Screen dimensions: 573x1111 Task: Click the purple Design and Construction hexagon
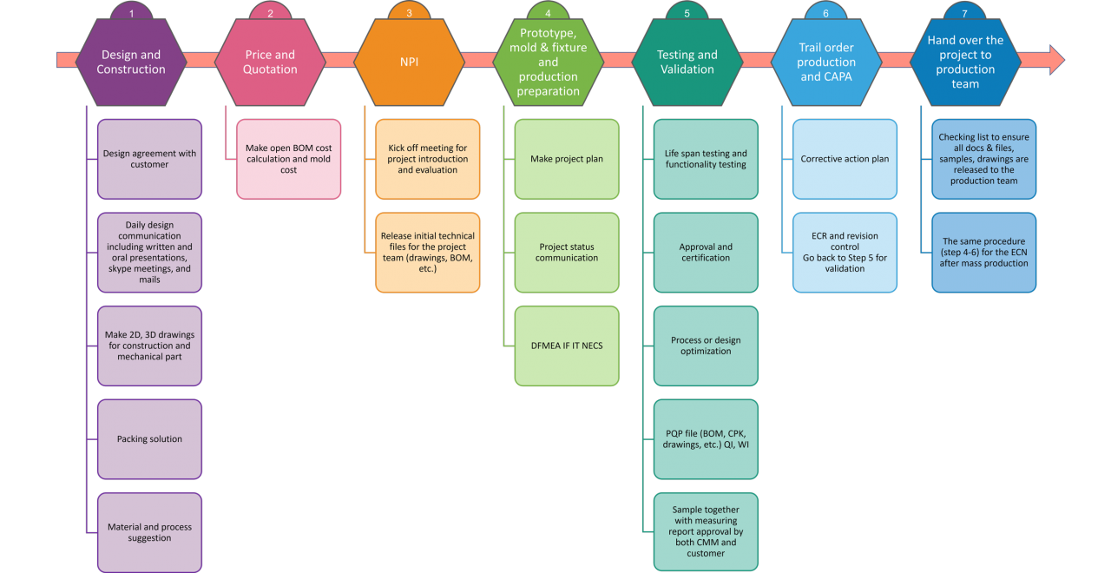pyautogui.click(x=131, y=63)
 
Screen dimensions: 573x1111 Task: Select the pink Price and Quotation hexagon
pyautogui.click(x=270, y=63)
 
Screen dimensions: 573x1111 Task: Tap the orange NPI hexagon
pyautogui.click(x=409, y=63)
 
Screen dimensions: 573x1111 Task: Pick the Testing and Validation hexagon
pyautogui.click(x=687, y=63)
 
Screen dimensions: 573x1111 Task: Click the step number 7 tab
pyautogui.click(x=964, y=13)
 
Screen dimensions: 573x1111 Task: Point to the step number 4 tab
pyautogui.click(x=548, y=13)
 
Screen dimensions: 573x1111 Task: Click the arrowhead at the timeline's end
pyautogui.click(x=1054, y=59)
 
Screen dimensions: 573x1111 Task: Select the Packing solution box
pyautogui.click(x=149, y=438)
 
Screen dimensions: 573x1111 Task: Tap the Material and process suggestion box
pyautogui.click(x=149, y=532)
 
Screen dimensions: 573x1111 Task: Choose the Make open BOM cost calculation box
pyautogui.click(x=288, y=159)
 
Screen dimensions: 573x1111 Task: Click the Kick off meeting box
pyautogui.click(x=427, y=159)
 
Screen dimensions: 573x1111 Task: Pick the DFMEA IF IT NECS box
pyautogui.click(x=566, y=346)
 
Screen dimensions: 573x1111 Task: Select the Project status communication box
pyautogui.click(x=566, y=252)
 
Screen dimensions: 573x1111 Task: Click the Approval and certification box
pyautogui.click(x=705, y=252)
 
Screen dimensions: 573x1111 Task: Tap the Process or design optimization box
pyautogui.click(x=705, y=346)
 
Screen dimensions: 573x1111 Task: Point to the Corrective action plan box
pyautogui.click(x=844, y=159)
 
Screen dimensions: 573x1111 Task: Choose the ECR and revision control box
pyautogui.click(x=844, y=252)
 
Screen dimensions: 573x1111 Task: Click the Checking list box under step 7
pyautogui.click(x=983, y=159)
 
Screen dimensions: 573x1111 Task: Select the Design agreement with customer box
pyautogui.click(x=149, y=159)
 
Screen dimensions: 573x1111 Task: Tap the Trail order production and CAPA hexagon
pyautogui.click(x=825, y=63)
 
